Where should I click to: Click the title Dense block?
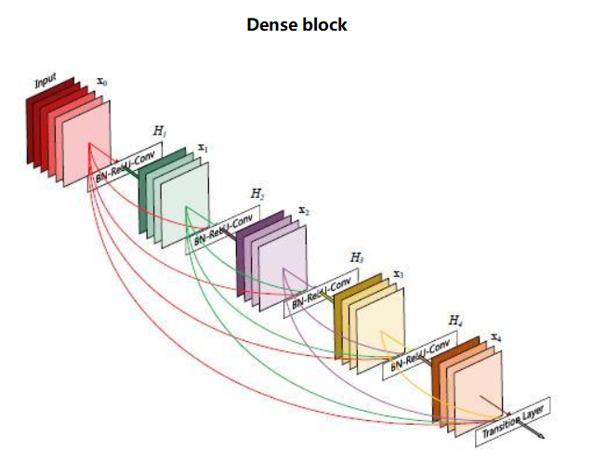point(296,25)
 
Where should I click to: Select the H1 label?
point(160,133)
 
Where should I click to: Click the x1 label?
point(202,148)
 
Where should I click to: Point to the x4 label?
point(496,336)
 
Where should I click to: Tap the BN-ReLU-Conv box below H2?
point(223,230)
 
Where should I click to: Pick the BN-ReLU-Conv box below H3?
point(322,293)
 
